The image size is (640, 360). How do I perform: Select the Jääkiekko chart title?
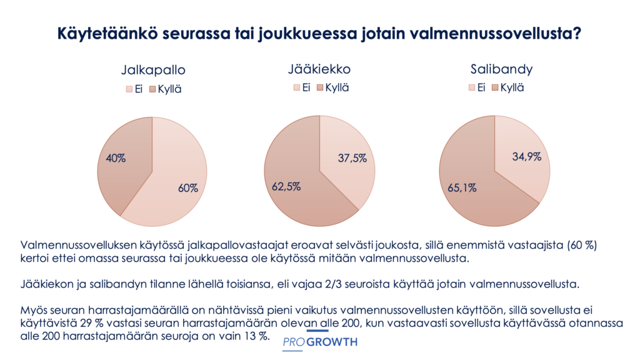319,69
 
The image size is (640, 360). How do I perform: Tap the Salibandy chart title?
492,69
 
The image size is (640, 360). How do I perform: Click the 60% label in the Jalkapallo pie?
187,187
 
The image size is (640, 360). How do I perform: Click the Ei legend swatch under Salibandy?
472,87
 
